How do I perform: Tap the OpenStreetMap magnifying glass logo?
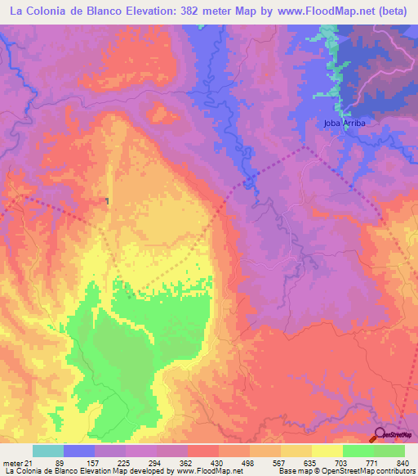[x=380, y=434]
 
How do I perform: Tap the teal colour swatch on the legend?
[x=48, y=451]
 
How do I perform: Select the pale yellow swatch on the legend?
[x=327, y=451]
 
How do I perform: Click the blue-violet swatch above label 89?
[x=79, y=451]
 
